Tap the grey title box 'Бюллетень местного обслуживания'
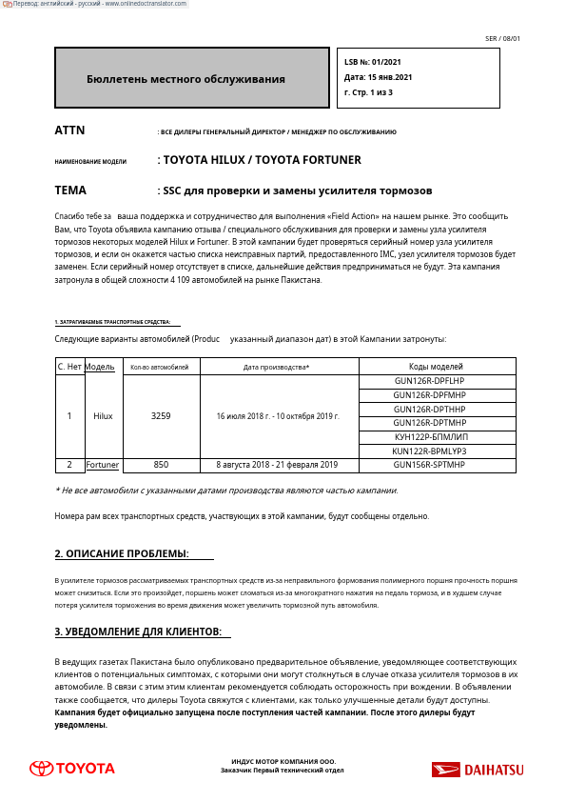click(x=191, y=79)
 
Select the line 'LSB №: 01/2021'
click(x=373, y=62)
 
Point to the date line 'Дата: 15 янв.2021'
click(x=378, y=77)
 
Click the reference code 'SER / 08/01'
click(x=502, y=39)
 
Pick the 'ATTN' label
click(x=69, y=130)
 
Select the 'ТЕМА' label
click(x=70, y=190)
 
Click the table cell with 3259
click(x=161, y=416)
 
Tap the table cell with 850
click(x=161, y=465)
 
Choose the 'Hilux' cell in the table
click(x=103, y=416)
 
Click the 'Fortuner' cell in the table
click(x=103, y=465)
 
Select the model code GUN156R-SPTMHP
click(x=429, y=465)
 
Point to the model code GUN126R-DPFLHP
click(x=429, y=381)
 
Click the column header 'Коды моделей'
click(x=436, y=367)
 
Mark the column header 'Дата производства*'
click(x=277, y=367)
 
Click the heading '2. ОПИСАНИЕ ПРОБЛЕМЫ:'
click(x=122, y=553)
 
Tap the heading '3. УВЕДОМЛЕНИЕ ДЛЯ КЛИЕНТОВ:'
click(x=138, y=632)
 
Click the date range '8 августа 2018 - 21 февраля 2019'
click(x=277, y=465)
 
